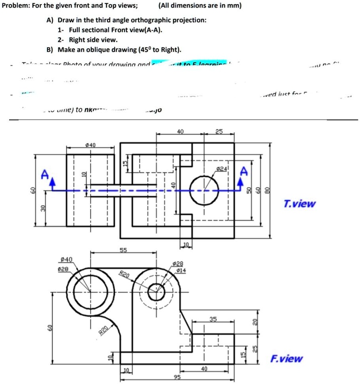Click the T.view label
coord(299,204)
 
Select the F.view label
coord(287,359)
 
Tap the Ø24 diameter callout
coord(222,169)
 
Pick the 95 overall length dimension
coord(178,377)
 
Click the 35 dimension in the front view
coord(213,319)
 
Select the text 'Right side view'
coord(93,40)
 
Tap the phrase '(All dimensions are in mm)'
coord(200,6)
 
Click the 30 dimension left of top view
coord(42,208)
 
